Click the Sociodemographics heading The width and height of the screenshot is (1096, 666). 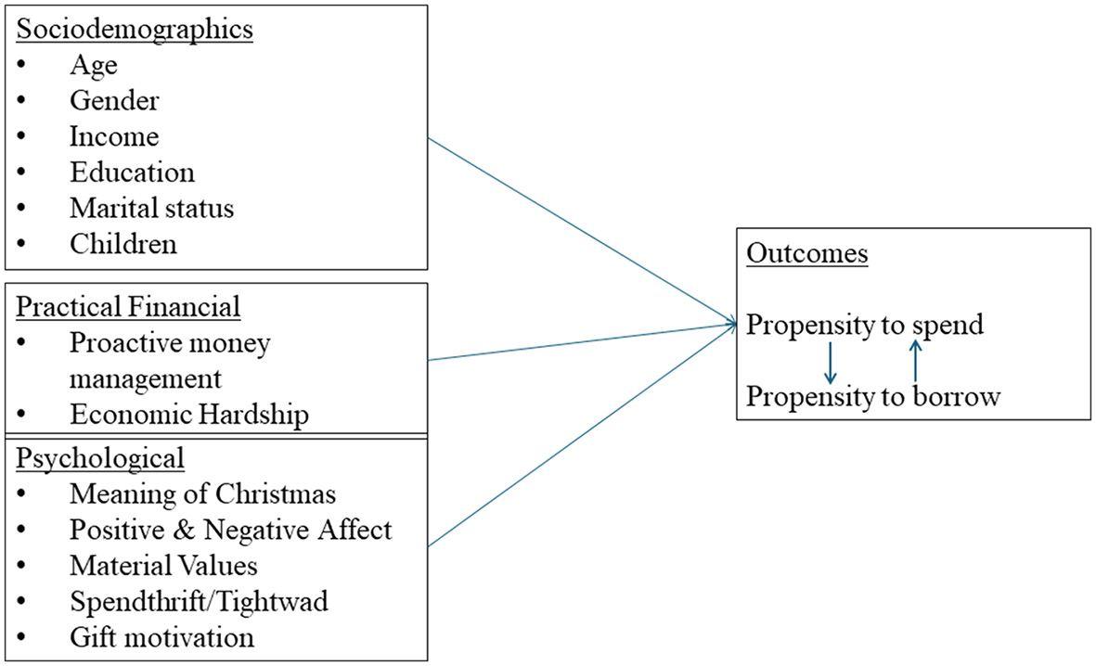pyautogui.click(x=135, y=29)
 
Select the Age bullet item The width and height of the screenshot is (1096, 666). pyautogui.click(x=93, y=65)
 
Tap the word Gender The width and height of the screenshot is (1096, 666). pyautogui.click(x=114, y=100)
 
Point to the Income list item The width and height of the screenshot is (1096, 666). pyautogui.click(x=114, y=136)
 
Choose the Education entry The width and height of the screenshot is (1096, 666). pyautogui.click(x=132, y=173)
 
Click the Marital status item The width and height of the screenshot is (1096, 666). pyautogui.click(x=151, y=208)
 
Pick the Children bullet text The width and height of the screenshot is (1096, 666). pyautogui.click(x=122, y=244)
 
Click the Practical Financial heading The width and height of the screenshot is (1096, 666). pyautogui.click(x=128, y=306)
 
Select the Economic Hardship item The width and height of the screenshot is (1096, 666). pyautogui.click(x=188, y=415)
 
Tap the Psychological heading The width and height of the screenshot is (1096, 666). pyautogui.click(x=100, y=458)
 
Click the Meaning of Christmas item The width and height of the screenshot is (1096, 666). pyautogui.click(x=202, y=494)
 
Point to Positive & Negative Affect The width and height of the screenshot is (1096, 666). pyautogui.click(x=230, y=530)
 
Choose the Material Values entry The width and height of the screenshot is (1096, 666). pyautogui.click(x=163, y=565)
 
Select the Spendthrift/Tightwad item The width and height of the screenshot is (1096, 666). pyautogui.click(x=199, y=601)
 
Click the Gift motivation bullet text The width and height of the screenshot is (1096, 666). pyautogui.click(x=161, y=637)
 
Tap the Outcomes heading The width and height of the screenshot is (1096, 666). pyautogui.click(x=806, y=254)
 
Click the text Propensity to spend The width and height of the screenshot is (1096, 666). pyautogui.click(x=865, y=326)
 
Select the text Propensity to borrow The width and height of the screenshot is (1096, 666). pyautogui.click(x=873, y=397)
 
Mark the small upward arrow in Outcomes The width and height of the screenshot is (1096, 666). pyautogui.click(x=915, y=361)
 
